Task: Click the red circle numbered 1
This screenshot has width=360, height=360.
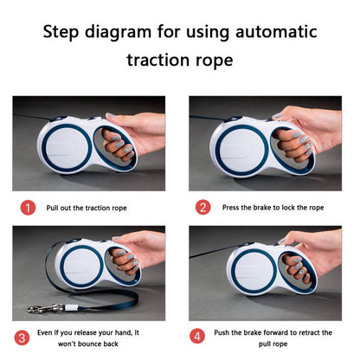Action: (x=28, y=208)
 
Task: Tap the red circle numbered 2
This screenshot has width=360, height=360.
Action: (x=203, y=208)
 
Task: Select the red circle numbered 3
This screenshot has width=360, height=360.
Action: (x=22, y=337)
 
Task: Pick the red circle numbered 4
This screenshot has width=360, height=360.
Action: (x=197, y=336)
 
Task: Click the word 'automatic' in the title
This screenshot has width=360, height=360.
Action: (x=276, y=31)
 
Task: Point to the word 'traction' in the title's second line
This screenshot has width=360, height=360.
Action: (x=158, y=60)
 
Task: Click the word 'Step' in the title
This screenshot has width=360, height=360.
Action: (x=61, y=32)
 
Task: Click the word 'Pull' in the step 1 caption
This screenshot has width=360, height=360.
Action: (x=52, y=208)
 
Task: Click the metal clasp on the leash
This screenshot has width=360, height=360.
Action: (x=46, y=308)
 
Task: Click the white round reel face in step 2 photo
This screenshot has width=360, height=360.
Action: (x=241, y=150)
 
